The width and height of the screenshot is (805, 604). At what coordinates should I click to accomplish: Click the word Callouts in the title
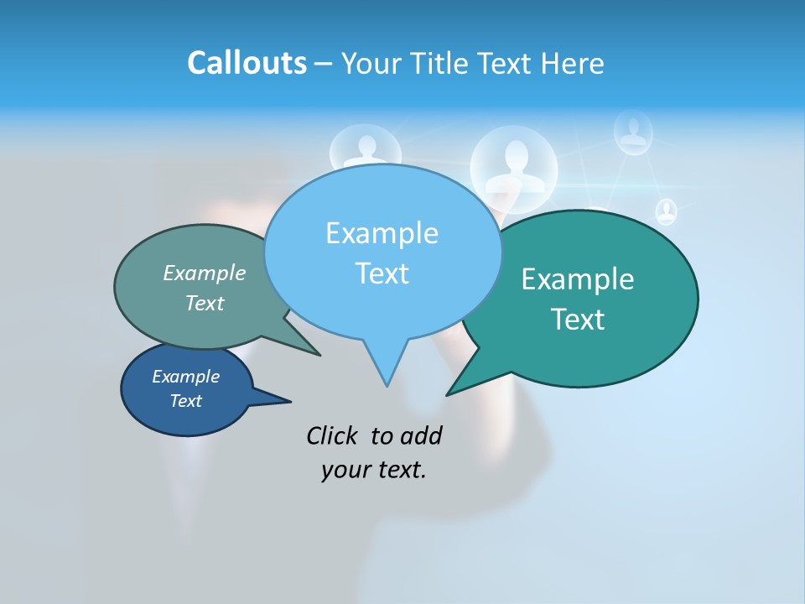(247, 63)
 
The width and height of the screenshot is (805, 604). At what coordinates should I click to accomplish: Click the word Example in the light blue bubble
(382, 233)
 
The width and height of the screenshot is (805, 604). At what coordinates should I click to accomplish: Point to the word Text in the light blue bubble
(382, 273)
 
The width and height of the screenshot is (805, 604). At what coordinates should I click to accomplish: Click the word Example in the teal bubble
(578, 279)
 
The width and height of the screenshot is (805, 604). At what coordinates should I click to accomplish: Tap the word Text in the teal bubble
(578, 320)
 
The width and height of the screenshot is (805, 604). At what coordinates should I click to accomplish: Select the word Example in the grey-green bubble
(205, 273)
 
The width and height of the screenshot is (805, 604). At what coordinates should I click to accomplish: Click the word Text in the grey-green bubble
(205, 304)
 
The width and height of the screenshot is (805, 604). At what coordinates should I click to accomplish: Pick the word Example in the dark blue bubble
(185, 377)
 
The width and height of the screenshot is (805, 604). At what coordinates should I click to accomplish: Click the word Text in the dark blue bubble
(185, 401)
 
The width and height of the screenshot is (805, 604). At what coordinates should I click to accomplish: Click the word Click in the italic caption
(333, 435)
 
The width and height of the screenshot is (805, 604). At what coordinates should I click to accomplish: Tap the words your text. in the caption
(374, 471)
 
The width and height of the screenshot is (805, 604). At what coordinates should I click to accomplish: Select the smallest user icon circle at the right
(666, 211)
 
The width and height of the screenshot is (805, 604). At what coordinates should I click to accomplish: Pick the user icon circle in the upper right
(633, 133)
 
